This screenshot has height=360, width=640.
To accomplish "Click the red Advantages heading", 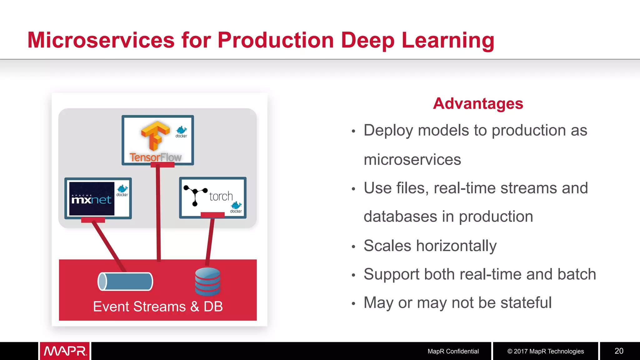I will [x=478, y=103].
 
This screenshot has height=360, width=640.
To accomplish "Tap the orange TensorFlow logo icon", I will [x=155, y=135].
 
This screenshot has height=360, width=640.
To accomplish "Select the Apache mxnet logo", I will [x=92, y=199].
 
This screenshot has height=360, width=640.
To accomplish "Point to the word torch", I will [x=221, y=197].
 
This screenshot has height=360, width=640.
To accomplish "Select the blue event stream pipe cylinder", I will [x=125, y=281].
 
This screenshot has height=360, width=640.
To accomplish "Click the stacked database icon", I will [x=207, y=282].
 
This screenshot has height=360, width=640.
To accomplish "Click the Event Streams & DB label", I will [x=158, y=307].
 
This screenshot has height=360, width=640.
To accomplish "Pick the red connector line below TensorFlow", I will [x=158, y=212].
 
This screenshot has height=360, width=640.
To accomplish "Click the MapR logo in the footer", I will [x=65, y=351].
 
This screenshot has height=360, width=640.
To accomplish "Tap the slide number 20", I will [x=619, y=351].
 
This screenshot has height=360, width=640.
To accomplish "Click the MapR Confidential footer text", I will [x=453, y=351].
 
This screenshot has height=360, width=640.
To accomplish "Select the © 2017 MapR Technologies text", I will [x=545, y=351].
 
